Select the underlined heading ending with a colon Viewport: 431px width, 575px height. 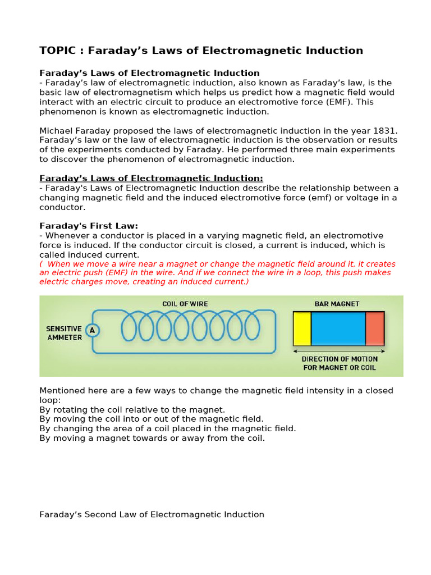151,178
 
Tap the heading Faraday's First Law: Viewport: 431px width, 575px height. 89,226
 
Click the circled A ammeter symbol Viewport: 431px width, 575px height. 93,330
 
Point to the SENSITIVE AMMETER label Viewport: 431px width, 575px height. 64,333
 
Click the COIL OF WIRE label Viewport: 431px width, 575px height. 185,304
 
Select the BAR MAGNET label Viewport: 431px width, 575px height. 337,304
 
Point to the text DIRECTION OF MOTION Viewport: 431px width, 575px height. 340,359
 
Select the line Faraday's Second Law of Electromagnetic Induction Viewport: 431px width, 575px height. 152,514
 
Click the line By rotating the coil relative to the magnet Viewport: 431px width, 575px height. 132,409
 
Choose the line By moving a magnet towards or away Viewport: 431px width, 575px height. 152,438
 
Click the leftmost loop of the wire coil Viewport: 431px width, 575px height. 129,326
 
